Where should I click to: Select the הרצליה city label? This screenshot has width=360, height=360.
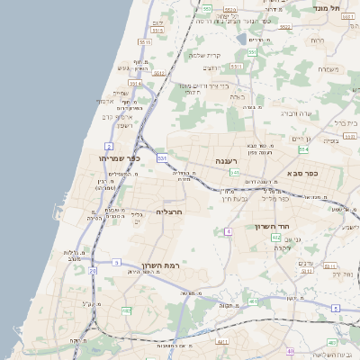click(x=169, y=212)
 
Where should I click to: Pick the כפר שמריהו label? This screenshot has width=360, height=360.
click(x=116, y=158)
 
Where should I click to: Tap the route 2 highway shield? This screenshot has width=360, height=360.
click(x=109, y=146)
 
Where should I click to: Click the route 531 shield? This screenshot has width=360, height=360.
click(x=162, y=158)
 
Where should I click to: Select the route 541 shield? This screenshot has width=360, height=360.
click(x=234, y=172)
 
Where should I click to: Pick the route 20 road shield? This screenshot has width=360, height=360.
click(x=93, y=270)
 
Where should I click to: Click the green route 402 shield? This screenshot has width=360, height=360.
click(x=276, y=238)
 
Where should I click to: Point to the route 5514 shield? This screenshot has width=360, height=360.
click(x=157, y=30)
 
